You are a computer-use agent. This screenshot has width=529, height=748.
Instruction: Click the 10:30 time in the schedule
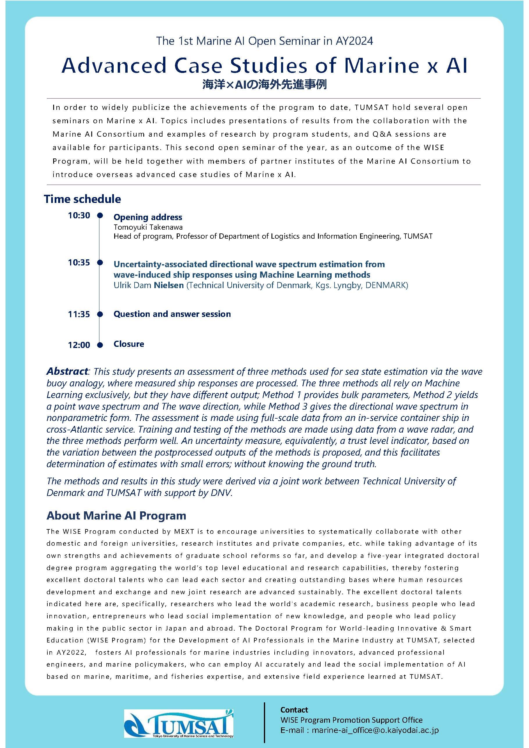[79, 215]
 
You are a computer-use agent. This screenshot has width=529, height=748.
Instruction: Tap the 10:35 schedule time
[79, 263]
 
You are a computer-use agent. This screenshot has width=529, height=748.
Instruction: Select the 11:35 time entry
[79, 314]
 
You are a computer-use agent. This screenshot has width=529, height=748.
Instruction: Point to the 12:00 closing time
[79, 345]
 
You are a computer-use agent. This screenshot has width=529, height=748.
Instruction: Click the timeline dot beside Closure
[100, 345]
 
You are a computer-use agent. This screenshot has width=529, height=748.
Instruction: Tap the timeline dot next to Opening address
[100, 215]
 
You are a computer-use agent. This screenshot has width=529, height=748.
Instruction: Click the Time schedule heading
[83, 199]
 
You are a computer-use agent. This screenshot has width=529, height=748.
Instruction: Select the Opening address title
[148, 217]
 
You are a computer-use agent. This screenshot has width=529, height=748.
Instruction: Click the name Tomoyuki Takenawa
[148, 227]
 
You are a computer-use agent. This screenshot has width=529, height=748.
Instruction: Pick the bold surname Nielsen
[169, 285]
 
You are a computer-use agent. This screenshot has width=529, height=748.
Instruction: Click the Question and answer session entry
[172, 314]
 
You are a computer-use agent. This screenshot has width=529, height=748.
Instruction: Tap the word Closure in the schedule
[129, 344]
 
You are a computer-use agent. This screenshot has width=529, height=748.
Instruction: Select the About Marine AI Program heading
[116, 515]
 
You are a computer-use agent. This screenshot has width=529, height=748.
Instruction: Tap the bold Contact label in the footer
[294, 710]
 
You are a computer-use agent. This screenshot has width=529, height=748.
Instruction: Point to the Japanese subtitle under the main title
[264, 85]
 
